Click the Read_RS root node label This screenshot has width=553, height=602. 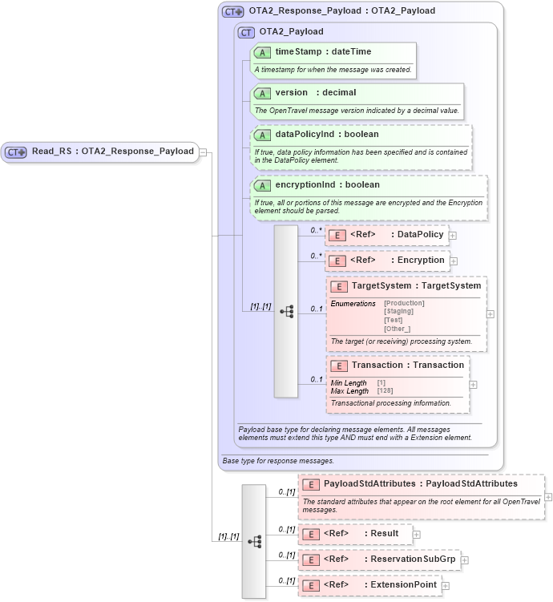point(112,151)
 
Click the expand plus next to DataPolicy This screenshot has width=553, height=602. point(453,236)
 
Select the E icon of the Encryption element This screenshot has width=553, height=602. point(337,261)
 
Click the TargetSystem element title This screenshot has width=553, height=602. point(416,285)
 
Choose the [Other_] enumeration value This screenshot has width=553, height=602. point(398,329)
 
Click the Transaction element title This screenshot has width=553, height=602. point(407,365)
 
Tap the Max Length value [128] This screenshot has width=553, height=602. point(385,390)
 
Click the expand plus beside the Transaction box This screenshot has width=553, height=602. point(474,385)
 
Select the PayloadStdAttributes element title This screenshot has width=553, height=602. point(420,483)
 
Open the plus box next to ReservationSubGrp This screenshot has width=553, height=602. point(465,560)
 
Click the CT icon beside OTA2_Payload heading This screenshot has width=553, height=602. point(247,32)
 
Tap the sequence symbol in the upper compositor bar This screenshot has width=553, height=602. point(286,311)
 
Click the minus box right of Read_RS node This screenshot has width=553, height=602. point(204,152)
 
